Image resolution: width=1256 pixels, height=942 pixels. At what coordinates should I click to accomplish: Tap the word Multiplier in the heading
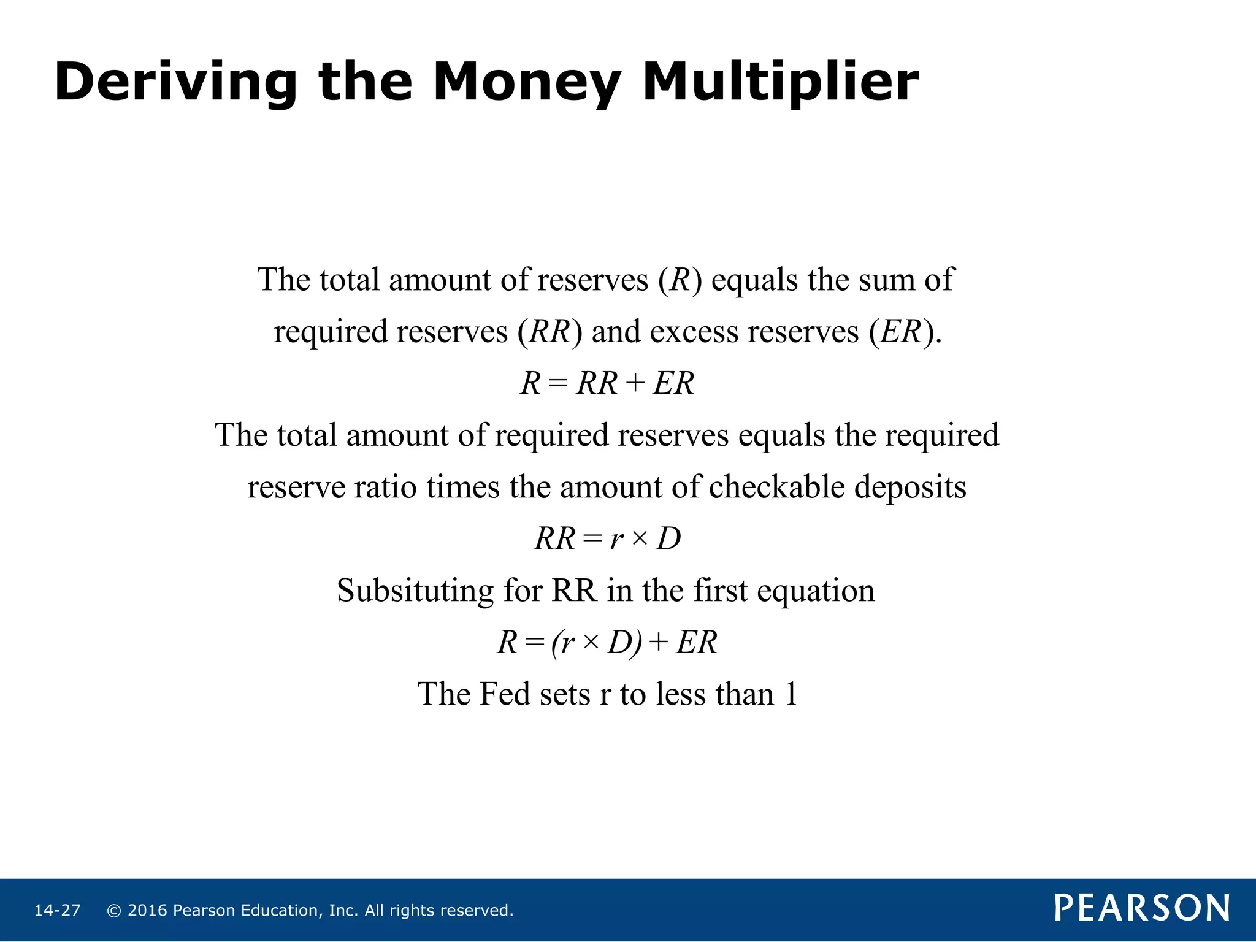[x=780, y=83]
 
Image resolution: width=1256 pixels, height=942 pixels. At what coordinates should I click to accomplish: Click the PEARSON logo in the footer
[x=1142, y=908]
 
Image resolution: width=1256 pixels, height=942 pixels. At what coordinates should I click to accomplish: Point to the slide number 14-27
[x=57, y=911]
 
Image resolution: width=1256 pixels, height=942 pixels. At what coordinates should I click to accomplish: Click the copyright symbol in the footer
[x=114, y=911]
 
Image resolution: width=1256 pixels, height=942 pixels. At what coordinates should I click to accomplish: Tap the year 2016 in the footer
[x=147, y=911]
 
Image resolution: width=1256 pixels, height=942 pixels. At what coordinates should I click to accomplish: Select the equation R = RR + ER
[x=607, y=384]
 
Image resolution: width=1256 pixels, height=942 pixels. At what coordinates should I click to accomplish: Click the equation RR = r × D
[x=607, y=539]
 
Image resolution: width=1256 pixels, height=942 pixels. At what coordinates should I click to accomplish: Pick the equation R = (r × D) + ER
[x=607, y=643]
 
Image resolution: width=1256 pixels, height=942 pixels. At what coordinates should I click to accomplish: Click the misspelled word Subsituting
[x=415, y=591]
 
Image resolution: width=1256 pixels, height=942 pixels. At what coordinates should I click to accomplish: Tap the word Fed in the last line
[x=505, y=694]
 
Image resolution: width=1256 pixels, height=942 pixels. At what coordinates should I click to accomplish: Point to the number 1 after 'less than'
[x=791, y=694]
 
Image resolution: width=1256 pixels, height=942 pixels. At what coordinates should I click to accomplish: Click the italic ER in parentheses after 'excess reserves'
[x=901, y=332]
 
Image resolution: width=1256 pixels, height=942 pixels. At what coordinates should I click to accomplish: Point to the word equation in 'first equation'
[x=816, y=591]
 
